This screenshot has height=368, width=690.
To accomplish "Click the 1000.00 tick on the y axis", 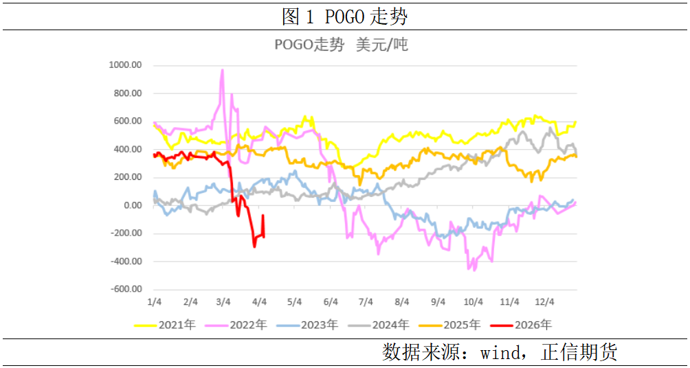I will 125,65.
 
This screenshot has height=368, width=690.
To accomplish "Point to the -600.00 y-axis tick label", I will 125,289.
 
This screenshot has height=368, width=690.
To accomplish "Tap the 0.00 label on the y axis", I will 131,205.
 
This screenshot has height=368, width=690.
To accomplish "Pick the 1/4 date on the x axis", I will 155,302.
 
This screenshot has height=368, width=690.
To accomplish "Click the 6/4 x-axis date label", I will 331,302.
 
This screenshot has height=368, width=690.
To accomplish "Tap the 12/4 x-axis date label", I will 545,302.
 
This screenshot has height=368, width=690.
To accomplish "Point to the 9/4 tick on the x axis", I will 437,302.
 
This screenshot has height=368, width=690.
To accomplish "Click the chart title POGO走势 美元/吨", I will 341,45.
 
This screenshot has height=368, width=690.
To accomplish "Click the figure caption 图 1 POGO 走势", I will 344,16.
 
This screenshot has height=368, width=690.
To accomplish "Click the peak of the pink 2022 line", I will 222,69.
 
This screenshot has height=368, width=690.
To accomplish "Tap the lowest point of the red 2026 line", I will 254,246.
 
